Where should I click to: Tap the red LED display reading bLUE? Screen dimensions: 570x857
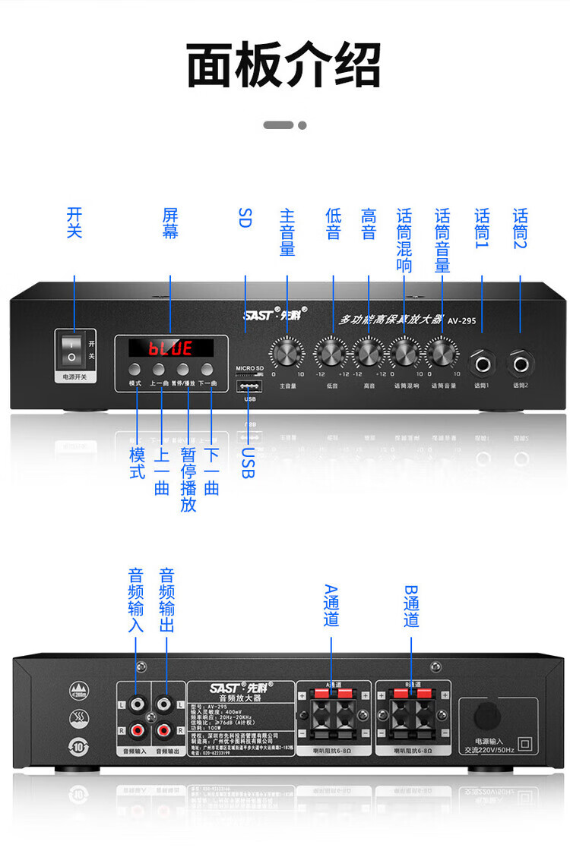coord(170,348)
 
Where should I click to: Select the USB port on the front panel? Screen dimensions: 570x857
coord(249,386)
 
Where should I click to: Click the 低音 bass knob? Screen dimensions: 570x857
coord(331,353)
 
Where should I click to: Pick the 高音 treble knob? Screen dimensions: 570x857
coord(368,353)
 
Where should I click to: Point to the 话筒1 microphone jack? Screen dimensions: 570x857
coord(483,363)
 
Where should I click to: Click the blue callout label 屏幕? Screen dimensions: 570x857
coord(170,223)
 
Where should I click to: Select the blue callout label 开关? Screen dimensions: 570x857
coord(74,223)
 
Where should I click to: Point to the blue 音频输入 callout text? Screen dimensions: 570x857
coord(136,600)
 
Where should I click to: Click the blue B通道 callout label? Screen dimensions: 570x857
coord(411,606)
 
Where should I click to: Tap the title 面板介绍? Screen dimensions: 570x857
coord(284,66)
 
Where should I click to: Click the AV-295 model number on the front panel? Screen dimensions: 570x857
coord(461,321)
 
